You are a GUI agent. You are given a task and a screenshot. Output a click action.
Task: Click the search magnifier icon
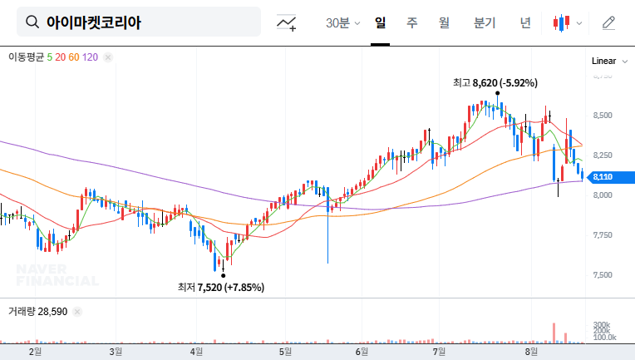click(x=32, y=22)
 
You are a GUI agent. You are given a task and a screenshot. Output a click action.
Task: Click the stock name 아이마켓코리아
click(x=93, y=22)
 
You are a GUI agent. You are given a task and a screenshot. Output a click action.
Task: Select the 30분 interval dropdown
click(x=342, y=22)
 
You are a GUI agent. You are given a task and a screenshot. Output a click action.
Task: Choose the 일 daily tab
click(x=380, y=22)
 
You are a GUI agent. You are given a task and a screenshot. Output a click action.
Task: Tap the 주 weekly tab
click(x=411, y=22)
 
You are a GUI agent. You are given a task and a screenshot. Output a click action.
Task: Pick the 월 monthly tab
click(x=444, y=22)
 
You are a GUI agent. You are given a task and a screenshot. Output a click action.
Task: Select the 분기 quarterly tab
click(x=484, y=22)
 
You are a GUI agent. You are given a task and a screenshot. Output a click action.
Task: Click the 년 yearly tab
click(x=525, y=22)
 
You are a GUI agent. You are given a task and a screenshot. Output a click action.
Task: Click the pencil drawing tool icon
click(x=608, y=22)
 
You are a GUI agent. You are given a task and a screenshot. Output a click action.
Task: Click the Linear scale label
click(x=603, y=61)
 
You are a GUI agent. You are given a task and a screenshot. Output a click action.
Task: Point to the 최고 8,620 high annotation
click(x=495, y=83)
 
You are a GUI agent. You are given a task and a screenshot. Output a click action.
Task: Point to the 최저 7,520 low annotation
click(x=221, y=288)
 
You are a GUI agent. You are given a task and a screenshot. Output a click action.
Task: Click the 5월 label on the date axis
click(x=284, y=352)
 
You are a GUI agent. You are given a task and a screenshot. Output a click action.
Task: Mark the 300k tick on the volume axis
click(x=603, y=325)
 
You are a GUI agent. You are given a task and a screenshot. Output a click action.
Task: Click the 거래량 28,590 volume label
click(x=38, y=311)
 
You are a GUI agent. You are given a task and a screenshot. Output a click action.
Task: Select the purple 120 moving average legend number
click(x=91, y=57)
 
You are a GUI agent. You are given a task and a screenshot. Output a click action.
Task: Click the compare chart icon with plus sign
click(x=287, y=22)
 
